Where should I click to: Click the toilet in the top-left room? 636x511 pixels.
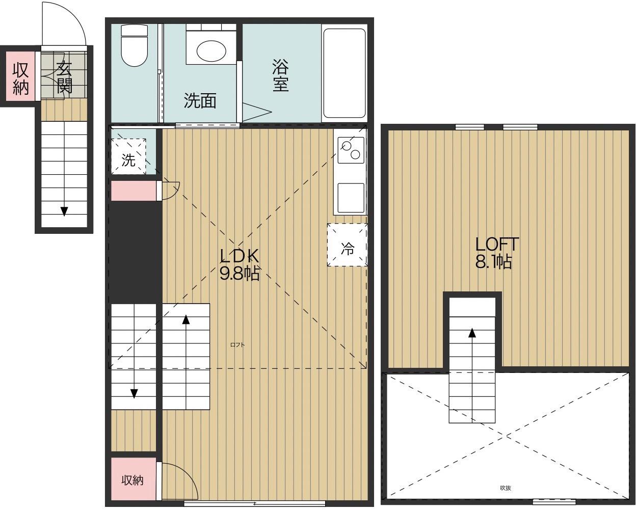coord(134,45)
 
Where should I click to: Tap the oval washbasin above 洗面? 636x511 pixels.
coord(211,51)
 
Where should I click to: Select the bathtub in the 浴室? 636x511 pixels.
coord(344,73)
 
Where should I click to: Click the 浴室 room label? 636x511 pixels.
coord(280,75)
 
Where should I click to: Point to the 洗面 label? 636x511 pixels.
coord(200,100)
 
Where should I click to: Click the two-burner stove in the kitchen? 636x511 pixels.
coord(351,150)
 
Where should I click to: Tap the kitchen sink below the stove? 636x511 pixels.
coord(351,198)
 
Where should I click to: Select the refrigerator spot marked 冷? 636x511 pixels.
coord(347,245)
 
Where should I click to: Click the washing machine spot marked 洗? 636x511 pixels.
coord(128,156)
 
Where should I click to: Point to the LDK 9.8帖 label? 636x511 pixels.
coord(240,264)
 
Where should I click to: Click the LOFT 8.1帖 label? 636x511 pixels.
coord(496,252)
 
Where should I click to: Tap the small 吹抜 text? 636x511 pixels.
coord(506,488)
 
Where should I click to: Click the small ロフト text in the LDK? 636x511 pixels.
coord(237,344)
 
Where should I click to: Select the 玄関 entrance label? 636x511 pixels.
coord(64,77)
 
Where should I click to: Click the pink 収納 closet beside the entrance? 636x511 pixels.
coord(20,76)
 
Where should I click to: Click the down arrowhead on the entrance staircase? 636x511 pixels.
coord(64,211)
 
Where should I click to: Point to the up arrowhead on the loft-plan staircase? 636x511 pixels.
coord(472,333)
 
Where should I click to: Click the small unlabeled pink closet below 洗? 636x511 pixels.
coord(134,191)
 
